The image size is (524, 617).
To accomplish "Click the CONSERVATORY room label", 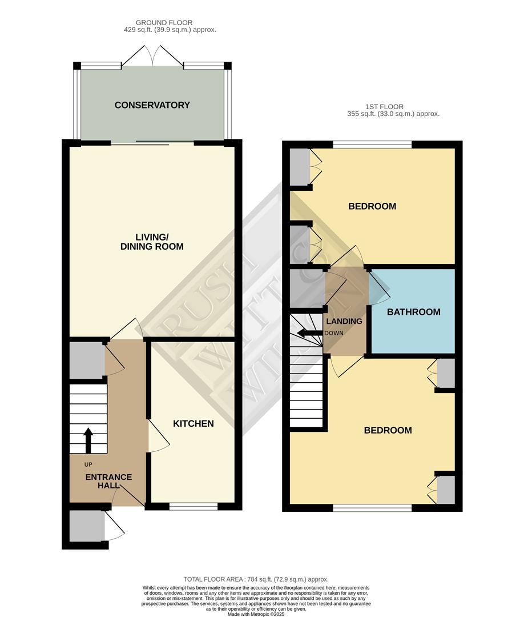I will (152, 105).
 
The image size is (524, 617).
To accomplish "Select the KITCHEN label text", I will (194, 423).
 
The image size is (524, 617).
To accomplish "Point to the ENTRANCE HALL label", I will (108, 481).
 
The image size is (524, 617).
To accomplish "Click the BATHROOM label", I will (413, 312).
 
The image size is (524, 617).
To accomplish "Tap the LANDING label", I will (344, 321).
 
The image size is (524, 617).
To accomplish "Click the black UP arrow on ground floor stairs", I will (88, 440).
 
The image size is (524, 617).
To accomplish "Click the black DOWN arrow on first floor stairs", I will (309, 333).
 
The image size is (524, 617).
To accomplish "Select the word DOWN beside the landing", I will (334, 333).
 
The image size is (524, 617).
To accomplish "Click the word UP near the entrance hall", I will (88, 464).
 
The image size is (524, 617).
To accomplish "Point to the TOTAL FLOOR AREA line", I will (256, 579).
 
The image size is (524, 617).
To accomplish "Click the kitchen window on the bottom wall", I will (194, 507).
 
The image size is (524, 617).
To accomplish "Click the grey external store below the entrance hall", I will (87, 526).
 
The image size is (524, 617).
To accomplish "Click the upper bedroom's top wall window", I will (372, 145).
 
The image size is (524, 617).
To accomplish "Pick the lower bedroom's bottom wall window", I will (372, 507).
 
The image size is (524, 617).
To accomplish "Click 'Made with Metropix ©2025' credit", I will (256, 614).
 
